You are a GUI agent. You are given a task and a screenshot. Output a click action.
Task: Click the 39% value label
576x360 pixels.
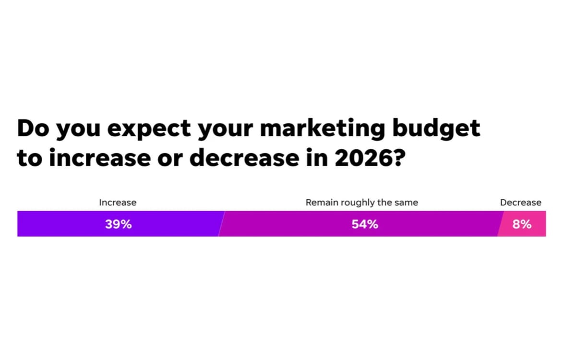119,224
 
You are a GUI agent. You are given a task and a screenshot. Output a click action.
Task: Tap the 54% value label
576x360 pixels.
365,224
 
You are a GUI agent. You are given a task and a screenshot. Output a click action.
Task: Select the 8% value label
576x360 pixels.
522,224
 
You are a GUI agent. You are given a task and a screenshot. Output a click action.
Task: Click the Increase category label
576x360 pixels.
118,203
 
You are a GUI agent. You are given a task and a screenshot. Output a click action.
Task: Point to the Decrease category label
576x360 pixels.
520,203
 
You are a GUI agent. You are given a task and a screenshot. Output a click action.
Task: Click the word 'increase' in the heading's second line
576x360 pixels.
98,158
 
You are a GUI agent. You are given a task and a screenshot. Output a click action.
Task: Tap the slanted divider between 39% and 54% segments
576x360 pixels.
221,224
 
